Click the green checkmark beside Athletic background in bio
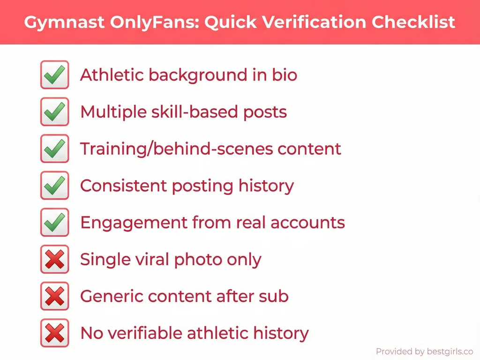coord(54,75)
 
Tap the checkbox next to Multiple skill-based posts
coord(54,112)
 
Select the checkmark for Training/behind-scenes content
coord(54,149)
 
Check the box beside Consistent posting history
coord(54,186)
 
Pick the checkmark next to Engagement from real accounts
coord(54,223)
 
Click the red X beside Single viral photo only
coord(54,259)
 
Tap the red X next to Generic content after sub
coord(54,296)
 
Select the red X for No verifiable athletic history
coord(54,333)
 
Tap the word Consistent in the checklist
coord(124,186)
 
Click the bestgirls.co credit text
coord(424,352)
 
